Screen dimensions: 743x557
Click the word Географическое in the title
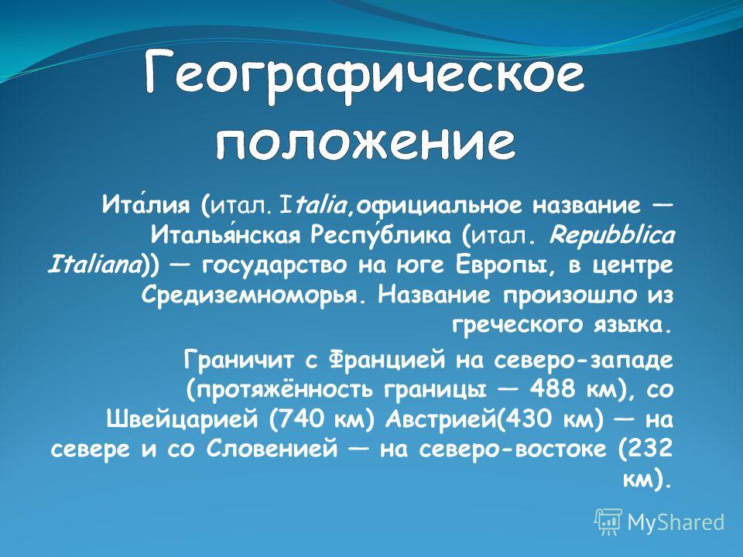365,76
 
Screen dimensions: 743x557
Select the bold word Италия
146,205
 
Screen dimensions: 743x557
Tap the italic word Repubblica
611,234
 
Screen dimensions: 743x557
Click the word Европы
504,265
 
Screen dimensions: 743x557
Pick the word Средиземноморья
255,296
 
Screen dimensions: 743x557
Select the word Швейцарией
183,419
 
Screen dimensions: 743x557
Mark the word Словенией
272,449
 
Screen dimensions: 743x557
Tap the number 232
651,449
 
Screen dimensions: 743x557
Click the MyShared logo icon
608,522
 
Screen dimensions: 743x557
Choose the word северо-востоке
512,449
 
